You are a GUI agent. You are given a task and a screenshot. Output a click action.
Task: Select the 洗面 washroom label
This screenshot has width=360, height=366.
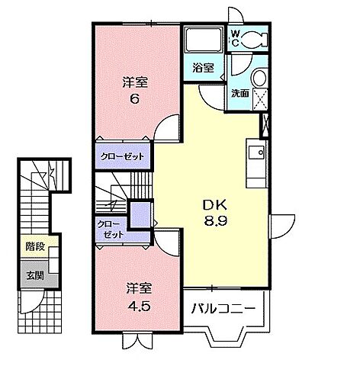point(240,93)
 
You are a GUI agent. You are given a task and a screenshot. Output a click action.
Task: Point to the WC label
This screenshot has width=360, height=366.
point(236,38)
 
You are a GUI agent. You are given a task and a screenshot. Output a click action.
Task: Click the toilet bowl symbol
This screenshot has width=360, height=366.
point(256,37)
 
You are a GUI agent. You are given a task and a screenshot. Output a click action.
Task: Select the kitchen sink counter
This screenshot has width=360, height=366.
point(256,160)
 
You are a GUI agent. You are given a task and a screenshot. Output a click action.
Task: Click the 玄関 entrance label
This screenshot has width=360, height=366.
point(33,275)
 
